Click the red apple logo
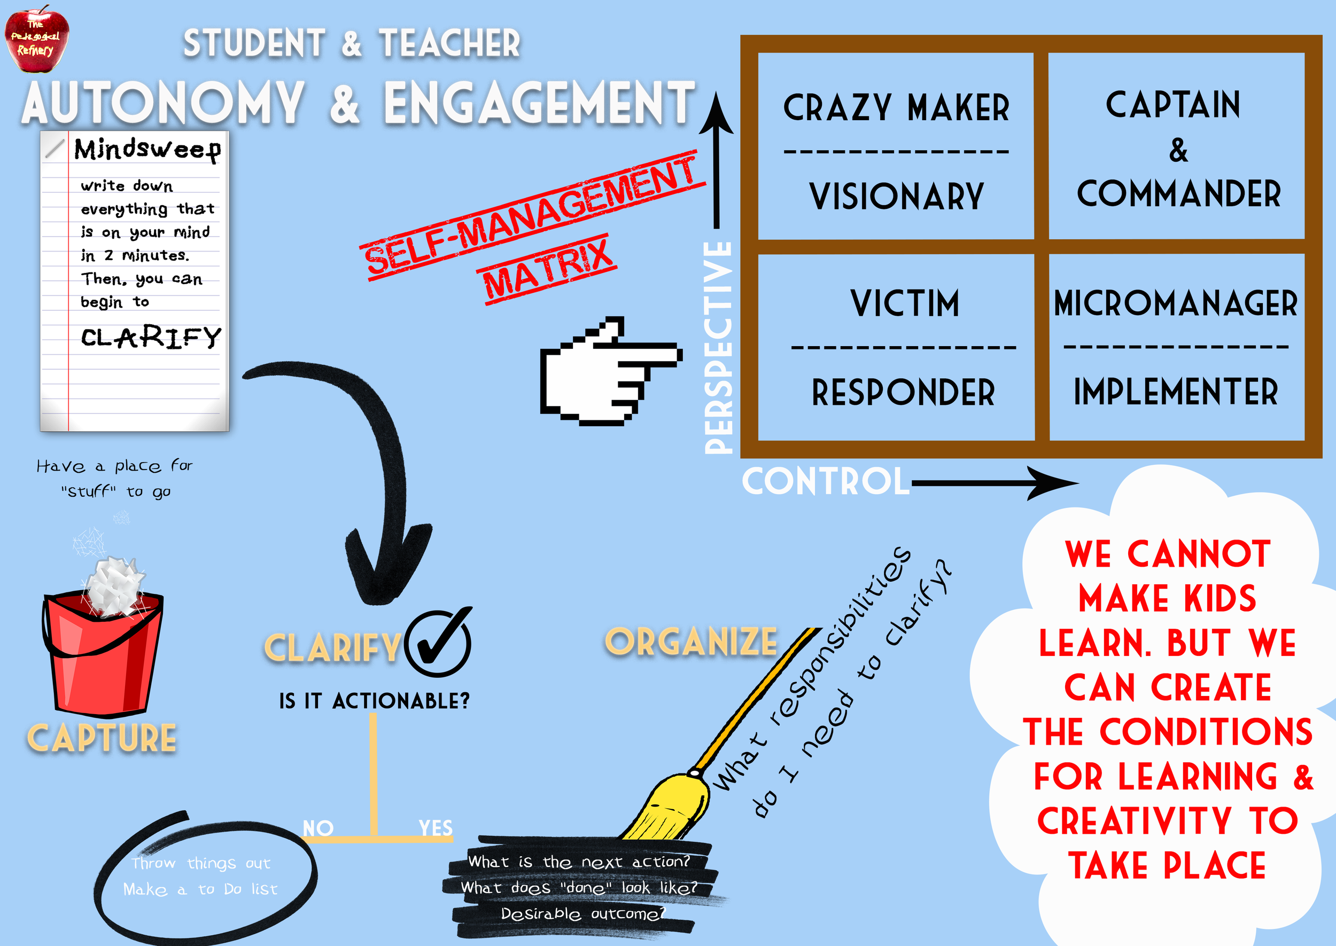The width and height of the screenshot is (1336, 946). tap(36, 38)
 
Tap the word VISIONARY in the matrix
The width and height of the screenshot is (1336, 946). tap(896, 197)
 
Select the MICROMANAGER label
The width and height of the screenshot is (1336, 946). tap(1175, 303)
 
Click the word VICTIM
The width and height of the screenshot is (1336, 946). tap(904, 303)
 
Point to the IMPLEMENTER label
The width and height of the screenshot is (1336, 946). tap(1175, 392)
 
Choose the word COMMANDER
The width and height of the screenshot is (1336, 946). tap(1178, 194)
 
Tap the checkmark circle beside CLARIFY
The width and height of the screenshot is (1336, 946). tap(438, 643)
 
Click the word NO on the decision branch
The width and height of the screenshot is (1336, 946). tap(318, 828)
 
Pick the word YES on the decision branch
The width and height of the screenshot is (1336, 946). tap(435, 828)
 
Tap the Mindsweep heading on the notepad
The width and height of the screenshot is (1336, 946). tap(147, 150)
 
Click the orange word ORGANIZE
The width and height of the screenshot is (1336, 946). tap(691, 642)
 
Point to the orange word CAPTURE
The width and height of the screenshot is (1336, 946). tap(102, 738)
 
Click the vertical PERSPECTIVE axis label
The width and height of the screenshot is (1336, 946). tap(718, 347)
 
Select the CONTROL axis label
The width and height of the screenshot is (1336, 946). tap(825, 482)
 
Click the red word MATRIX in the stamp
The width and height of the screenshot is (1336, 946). tap(548, 270)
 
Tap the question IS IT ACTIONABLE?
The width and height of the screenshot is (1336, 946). tap(374, 701)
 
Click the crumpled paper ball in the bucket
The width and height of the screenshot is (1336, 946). tap(115, 585)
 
